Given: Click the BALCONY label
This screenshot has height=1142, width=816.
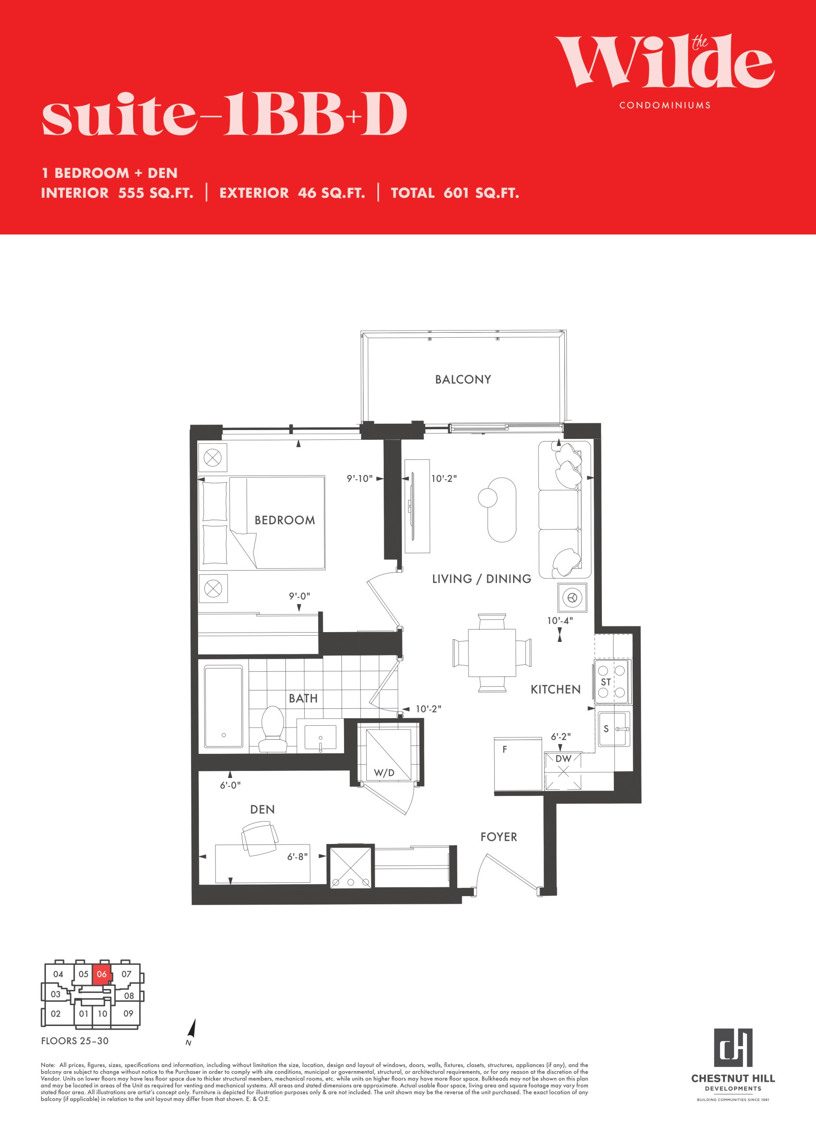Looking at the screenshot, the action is click(463, 379).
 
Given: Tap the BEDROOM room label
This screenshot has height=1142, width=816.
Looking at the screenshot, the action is click(285, 520).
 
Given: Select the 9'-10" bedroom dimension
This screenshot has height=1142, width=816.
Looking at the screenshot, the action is click(360, 478).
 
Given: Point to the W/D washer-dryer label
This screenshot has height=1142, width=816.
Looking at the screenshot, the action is click(385, 773).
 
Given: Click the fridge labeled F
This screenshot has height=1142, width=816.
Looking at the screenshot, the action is click(518, 764).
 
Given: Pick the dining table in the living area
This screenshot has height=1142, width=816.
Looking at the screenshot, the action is click(492, 653).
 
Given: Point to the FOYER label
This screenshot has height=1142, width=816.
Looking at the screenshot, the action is click(498, 837).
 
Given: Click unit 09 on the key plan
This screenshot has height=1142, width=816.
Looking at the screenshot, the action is click(128, 1014).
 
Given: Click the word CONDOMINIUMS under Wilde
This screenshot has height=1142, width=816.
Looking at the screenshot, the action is click(665, 105).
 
